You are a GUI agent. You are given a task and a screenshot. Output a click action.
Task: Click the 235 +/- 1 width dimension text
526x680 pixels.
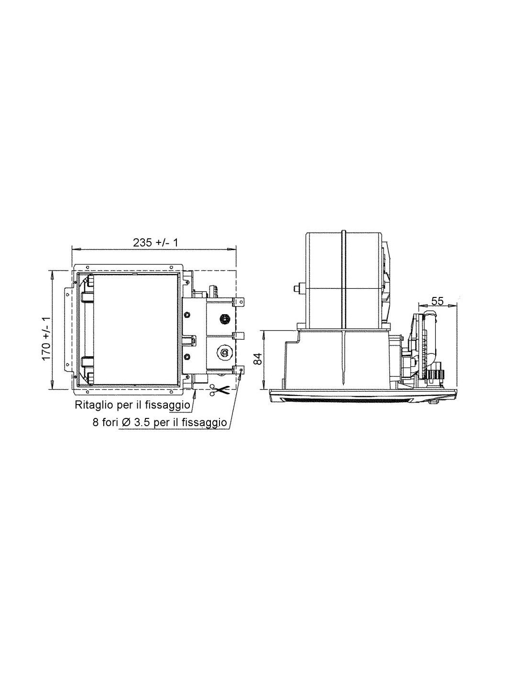[x=155, y=242]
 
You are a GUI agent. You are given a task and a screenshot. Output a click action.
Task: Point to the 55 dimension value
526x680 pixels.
[x=438, y=301]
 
